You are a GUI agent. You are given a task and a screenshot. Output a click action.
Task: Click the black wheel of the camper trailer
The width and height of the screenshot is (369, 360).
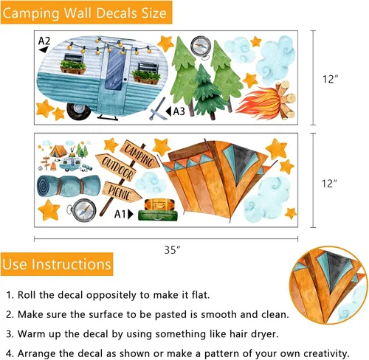tap(78, 111)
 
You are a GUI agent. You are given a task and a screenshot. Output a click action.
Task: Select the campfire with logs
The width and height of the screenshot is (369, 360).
tap(267, 101)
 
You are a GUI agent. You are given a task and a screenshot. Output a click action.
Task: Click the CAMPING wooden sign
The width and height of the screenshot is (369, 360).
tap(139, 154)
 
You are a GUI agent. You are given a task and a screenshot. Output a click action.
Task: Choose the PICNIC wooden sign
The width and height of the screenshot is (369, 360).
tap(122, 192)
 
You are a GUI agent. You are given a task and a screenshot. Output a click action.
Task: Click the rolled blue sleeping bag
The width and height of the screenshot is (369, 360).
tap(69, 185)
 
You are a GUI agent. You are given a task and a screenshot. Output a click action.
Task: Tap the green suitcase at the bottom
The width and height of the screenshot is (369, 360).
tap(158, 215)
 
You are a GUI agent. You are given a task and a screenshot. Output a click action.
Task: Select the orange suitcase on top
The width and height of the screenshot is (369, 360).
tap(159, 204)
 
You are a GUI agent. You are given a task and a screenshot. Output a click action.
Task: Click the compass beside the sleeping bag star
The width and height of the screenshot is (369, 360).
tap(82, 210)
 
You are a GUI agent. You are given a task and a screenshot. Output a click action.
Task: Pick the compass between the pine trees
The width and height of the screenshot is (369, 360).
tap(201, 47)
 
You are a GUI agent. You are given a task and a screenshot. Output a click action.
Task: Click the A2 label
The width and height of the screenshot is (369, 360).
tap(44, 41)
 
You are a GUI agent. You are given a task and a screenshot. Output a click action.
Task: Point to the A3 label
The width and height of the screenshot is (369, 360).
tap(179, 111)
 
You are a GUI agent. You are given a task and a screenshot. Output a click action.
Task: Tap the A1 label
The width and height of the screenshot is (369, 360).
tap(120, 214)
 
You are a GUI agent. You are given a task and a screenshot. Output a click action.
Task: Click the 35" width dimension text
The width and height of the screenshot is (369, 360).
tap(172, 250)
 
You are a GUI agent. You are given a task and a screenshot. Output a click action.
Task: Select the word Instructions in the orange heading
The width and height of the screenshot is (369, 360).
tap(72, 264)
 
